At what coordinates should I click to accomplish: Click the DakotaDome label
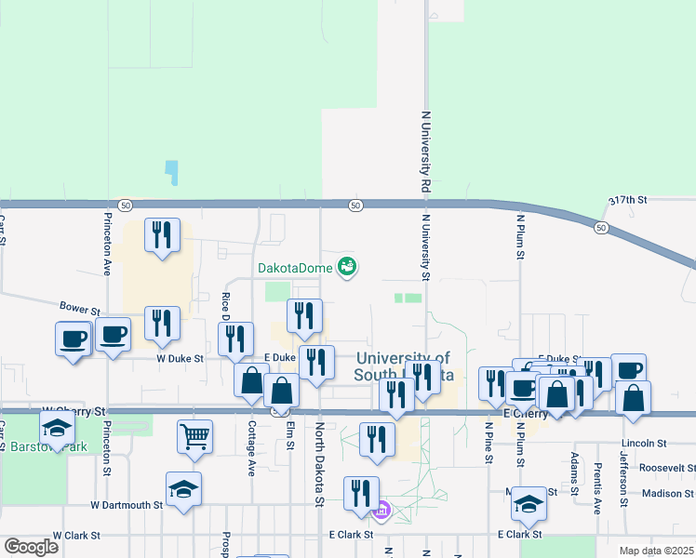[295, 268]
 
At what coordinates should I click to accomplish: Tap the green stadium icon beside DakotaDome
[347, 267]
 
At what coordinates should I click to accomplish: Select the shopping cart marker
[194, 435]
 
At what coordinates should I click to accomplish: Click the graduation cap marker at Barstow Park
[57, 430]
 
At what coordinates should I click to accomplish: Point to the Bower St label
[79, 308]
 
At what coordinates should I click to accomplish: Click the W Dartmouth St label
[127, 505]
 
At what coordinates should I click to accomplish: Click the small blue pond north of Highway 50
[171, 172]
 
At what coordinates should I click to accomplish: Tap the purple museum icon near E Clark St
[380, 510]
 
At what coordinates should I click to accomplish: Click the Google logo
[31, 547]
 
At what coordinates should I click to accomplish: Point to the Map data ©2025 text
[656, 551]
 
